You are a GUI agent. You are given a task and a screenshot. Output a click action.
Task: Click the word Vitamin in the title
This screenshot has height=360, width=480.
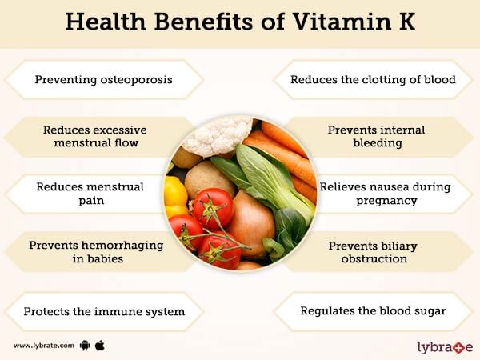[x=342, y=22]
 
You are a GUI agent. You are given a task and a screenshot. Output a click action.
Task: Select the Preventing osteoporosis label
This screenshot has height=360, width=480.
[x=103, y=79]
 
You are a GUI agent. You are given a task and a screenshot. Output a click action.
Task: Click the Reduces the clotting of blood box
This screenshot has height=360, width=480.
[x=373, y=79]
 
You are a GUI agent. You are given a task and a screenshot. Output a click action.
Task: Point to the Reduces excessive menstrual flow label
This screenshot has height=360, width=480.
[x=95, y=136]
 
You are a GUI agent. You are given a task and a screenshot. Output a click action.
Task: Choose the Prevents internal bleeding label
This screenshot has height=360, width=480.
[x=377, y=136]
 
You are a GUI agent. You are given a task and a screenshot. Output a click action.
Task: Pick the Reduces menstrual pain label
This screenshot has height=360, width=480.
[x=90, y=194]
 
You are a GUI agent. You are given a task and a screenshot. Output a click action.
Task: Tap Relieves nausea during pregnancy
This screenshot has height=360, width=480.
[x=385, y=194]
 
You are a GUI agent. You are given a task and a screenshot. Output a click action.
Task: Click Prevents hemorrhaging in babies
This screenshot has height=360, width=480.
[x=96, y=252]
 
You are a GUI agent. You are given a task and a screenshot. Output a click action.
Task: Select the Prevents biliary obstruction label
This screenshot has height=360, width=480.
[x=373, y=252]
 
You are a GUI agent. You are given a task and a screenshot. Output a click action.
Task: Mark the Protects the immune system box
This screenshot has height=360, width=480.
[x=104, y=312]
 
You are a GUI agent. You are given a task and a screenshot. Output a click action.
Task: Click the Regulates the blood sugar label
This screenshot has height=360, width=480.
[x=373, y=311]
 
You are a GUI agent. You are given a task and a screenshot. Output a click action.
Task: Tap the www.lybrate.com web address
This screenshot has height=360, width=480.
[x=44, y=346]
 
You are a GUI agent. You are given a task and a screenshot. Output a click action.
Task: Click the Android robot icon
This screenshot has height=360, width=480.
[x=85, y=346]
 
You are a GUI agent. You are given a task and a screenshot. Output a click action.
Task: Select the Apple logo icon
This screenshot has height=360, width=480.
[x=100, y=346]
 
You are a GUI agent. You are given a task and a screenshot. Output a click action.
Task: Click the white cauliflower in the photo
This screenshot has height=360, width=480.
[x=218, y=136]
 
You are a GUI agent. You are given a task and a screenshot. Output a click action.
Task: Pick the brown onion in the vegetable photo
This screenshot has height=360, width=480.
[x=252, y=223]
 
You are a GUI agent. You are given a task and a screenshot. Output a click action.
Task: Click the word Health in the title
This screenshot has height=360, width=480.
[x=106, y=22]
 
